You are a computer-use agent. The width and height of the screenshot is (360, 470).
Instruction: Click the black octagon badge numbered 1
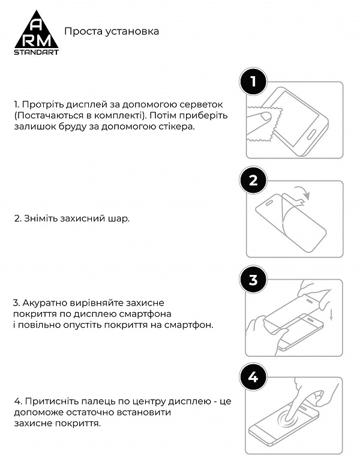[253, 82]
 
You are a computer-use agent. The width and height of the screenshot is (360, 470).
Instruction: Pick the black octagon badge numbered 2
[253, 181]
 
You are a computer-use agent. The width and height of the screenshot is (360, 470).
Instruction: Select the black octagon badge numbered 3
[253, 279]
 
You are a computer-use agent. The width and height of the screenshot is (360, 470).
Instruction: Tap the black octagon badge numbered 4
[253, 377]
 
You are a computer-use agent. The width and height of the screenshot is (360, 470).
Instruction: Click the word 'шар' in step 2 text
[120, 219]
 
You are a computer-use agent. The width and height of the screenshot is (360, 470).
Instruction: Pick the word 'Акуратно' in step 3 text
[43, 303]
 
